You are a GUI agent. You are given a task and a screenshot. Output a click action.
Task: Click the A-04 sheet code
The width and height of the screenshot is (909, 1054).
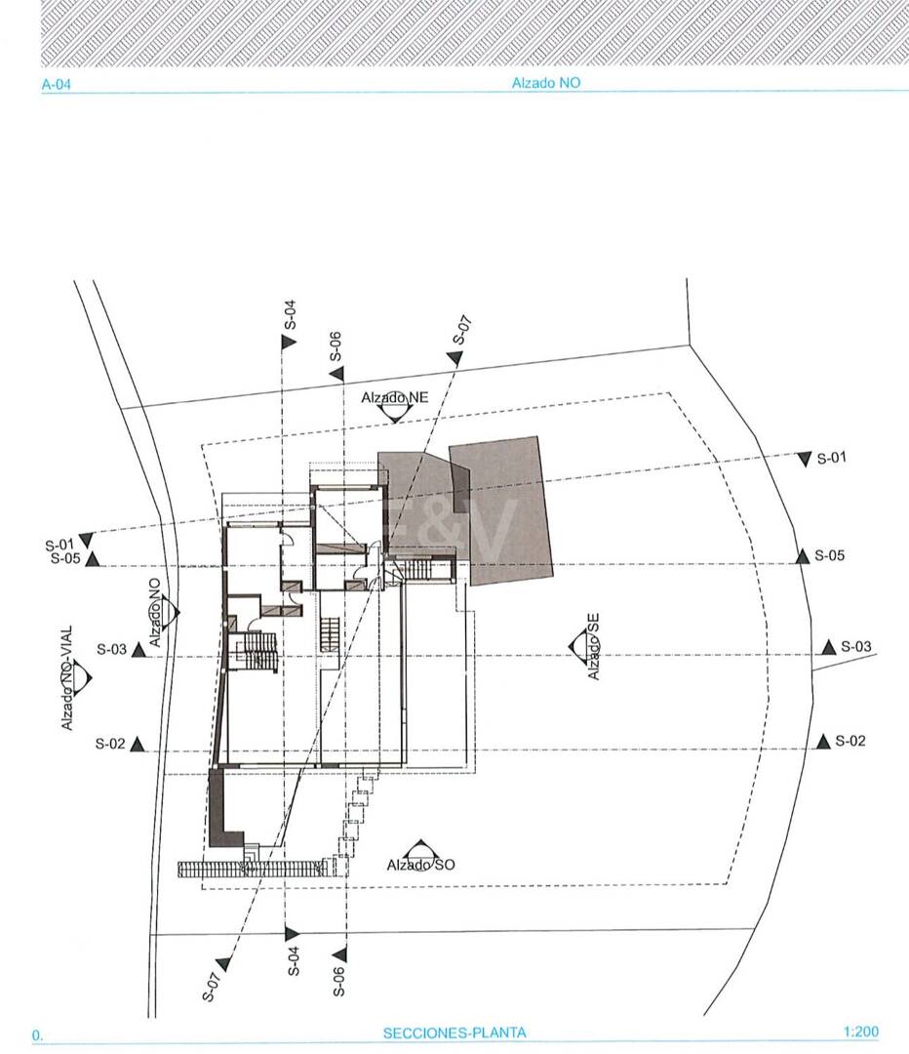(56, 85)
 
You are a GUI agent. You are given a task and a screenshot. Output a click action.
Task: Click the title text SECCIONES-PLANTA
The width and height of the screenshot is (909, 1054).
(454, 1033)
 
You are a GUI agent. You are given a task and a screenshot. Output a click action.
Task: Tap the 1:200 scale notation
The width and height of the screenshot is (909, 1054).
(860, 1032)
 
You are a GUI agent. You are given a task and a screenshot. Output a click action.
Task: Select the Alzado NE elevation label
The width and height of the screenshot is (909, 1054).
(394, 397)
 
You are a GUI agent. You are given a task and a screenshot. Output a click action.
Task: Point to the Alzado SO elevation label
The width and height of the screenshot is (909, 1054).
(420, 865)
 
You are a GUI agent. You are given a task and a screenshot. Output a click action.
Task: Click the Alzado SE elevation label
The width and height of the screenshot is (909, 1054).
(593, 646)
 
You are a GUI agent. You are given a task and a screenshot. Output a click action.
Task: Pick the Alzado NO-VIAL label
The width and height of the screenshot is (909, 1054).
(66, 678)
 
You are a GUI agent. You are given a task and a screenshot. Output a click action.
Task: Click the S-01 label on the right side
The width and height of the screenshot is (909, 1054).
(831, 459)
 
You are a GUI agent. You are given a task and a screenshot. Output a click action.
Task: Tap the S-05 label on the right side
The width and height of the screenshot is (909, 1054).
(830, 555)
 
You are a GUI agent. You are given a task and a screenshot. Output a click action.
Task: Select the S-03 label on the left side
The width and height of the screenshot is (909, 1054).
(111, 649)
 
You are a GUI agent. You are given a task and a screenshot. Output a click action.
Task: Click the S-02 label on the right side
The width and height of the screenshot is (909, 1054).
(850, 741)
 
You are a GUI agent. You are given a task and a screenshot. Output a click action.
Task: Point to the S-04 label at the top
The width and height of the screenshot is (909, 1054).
(291, 314)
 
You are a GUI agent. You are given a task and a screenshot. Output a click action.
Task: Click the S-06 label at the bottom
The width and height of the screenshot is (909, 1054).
(339, 982)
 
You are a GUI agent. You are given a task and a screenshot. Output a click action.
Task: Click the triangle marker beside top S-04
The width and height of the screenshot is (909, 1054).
(289, 342)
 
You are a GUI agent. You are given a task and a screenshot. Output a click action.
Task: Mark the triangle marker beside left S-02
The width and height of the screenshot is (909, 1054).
(138, 744)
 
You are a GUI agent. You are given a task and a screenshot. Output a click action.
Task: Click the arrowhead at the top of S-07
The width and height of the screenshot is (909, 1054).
(455, 357)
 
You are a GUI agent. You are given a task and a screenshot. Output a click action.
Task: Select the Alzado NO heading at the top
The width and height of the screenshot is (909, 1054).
(546, 83)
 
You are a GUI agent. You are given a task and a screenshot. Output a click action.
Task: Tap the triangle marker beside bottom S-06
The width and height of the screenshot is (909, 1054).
(340, 953)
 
